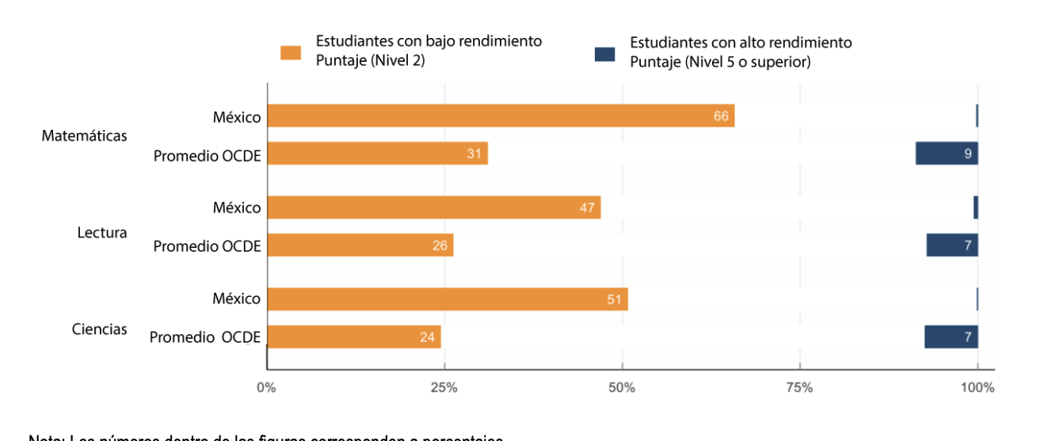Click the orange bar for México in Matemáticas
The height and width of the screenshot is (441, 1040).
pos(501,116)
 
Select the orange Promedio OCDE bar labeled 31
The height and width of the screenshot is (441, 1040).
pos(377,154)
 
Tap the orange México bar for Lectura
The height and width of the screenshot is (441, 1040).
pos(433,207)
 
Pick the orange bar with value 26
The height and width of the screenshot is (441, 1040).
pos(360,245)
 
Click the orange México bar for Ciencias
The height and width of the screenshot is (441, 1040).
pos(447,299)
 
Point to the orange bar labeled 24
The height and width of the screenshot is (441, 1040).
pos(353,336)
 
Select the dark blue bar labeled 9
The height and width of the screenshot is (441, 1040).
pos(947,154)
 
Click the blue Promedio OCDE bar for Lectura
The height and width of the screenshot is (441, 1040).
pos(952,245)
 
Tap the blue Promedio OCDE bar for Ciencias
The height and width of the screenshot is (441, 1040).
pos(950,336)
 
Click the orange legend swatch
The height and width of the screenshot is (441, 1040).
pos(291,53)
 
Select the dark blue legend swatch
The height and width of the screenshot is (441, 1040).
pos(604,54)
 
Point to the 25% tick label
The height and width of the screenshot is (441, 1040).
pos(444,388)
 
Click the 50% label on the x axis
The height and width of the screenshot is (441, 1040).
pos(622,388)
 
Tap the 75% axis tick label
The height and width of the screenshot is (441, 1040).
pos(800,388)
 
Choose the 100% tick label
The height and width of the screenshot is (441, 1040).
pos(977,388)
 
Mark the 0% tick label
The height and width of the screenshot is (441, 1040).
pos(266,388)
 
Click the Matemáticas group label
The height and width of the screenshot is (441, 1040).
pos(84,135)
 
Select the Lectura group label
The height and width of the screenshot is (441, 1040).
pos(101,233)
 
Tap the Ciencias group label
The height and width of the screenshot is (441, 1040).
pos(100,329)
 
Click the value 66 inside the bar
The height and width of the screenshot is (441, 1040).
pos(721,116)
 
